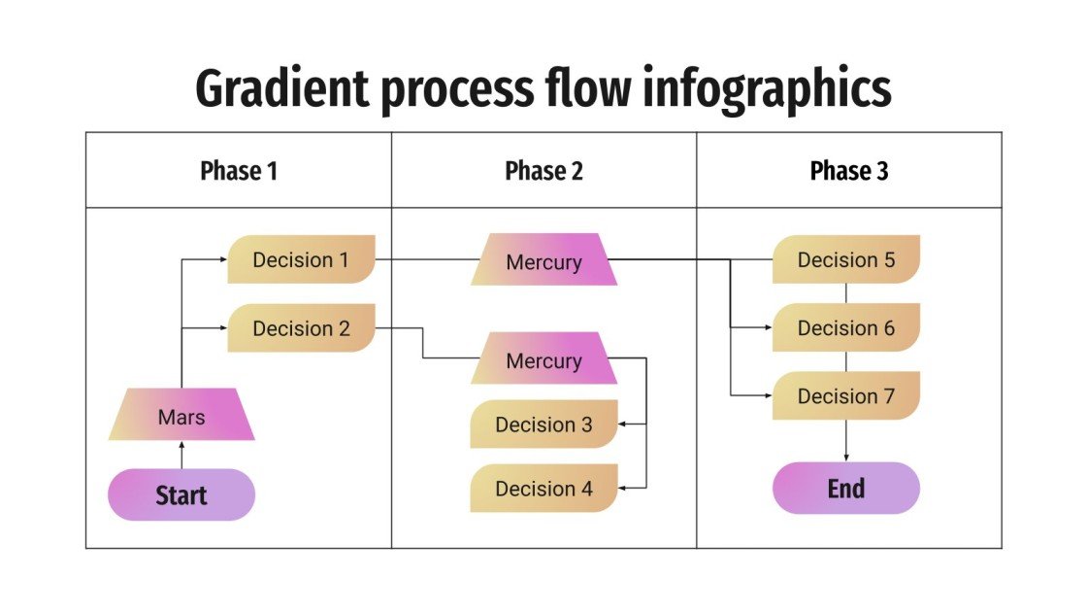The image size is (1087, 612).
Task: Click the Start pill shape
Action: (x=181, y=494)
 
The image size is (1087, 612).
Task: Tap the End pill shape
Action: (x=845, y=488)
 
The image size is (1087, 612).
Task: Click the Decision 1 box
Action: (x=301, y=259)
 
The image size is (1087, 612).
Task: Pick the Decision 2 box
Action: (x=301, y=328)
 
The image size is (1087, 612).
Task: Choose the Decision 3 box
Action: (x=543, y=425)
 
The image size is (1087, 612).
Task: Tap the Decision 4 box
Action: (x=543, y=489)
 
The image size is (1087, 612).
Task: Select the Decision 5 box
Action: (x=845, y=259)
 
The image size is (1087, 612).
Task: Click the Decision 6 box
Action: (x=845, y=328)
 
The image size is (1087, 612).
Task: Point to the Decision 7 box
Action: (x=845, y=396)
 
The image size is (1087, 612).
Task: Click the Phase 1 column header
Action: (x=239, y=171)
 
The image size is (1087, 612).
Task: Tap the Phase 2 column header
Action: (x=543, y=171)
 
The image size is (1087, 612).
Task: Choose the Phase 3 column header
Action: (x=848, y=171)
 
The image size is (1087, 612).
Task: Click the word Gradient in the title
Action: (x=281, y=90)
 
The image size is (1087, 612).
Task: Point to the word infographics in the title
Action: (x=768, y=90)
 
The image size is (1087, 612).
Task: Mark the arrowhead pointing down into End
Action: (x=846, y=458)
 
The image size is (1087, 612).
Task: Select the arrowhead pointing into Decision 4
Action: (x=624, y=489)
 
